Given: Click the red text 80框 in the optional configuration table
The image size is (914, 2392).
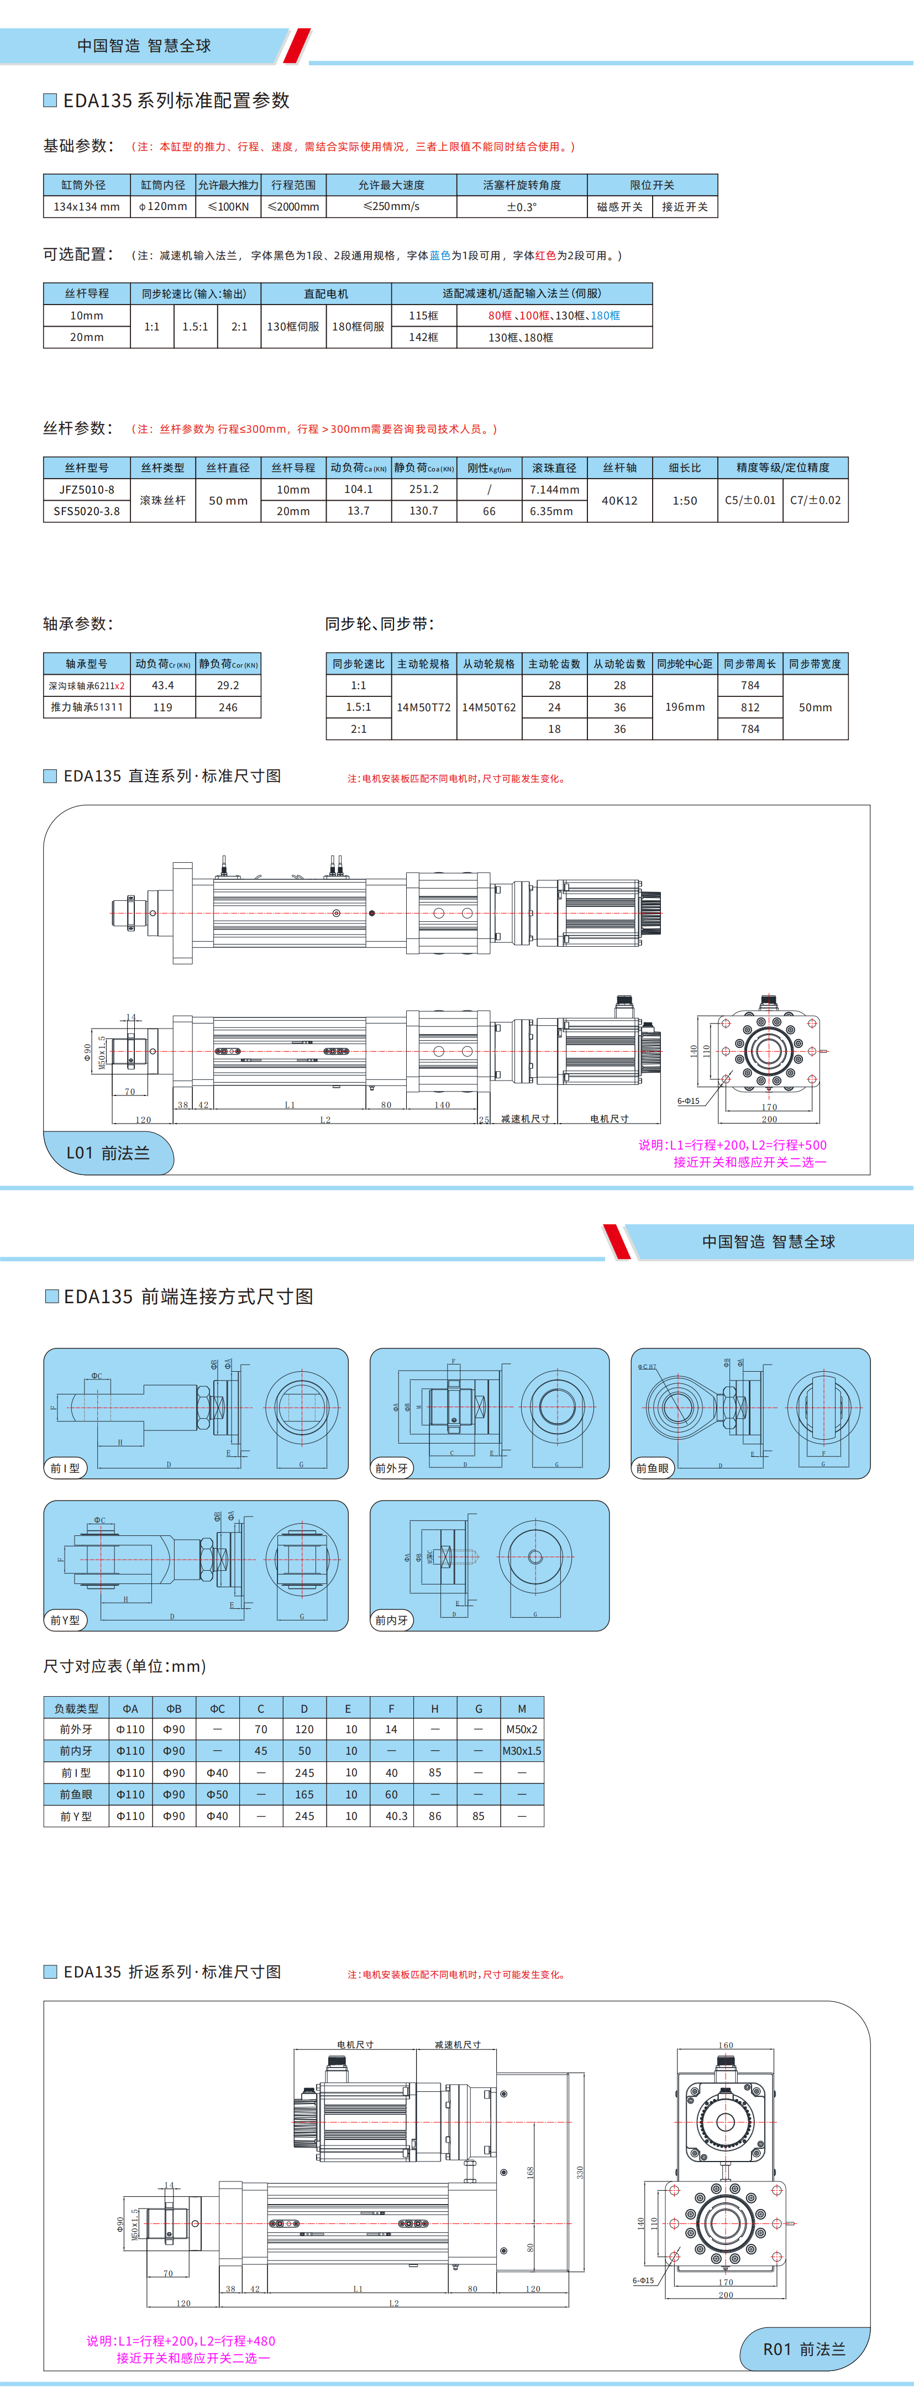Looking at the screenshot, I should click(500, 316).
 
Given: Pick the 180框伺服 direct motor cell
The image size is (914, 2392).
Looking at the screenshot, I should click(359, 327).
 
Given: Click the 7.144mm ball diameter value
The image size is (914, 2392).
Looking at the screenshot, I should click(554, 489).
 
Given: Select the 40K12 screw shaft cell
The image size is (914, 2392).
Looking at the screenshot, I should click(619, 501).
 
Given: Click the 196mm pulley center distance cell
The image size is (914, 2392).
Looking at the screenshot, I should click(685, 707).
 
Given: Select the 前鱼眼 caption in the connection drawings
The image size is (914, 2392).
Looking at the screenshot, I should click(652, 1468).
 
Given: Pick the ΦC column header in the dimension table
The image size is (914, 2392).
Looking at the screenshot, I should click(217, 1708).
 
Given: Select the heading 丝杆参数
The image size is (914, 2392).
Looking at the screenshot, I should click(78, 428).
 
